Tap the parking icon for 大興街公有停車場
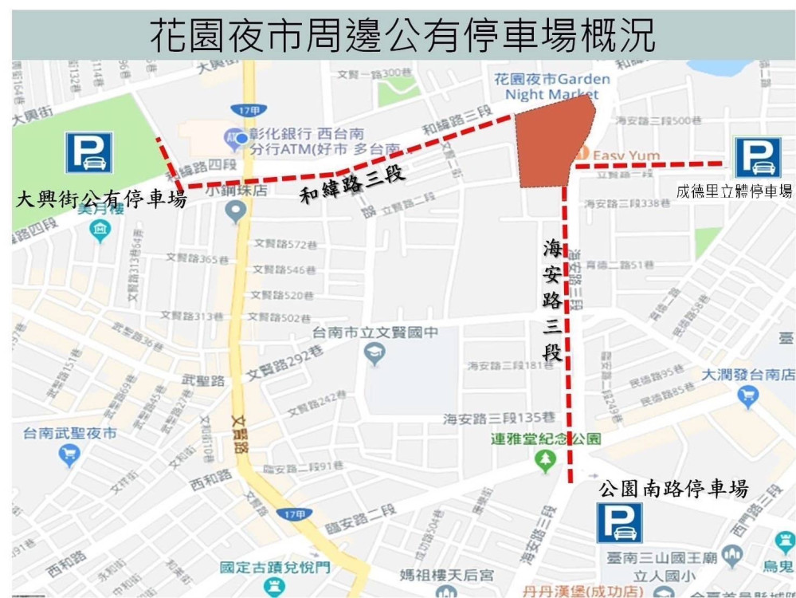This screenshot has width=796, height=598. click(88, 152)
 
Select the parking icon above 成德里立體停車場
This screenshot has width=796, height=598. click(758, 157)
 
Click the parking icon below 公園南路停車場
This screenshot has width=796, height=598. click(620, 523)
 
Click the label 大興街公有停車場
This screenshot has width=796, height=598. click(101, 199)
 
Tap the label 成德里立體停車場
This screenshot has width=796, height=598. click(734, 191)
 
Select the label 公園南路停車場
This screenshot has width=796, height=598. click(673, 488)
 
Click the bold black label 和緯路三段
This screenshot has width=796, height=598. click(352, 183)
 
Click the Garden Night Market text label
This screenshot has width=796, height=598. click(551, 86)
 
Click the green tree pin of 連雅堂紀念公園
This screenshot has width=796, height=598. click(546, 459)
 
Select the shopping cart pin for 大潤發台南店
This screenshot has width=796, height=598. click(748, 395)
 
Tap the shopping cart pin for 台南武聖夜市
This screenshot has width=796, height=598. click(69, 454)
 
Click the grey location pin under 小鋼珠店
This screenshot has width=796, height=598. click(235, 211)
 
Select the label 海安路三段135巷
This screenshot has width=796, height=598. click(499, 418)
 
